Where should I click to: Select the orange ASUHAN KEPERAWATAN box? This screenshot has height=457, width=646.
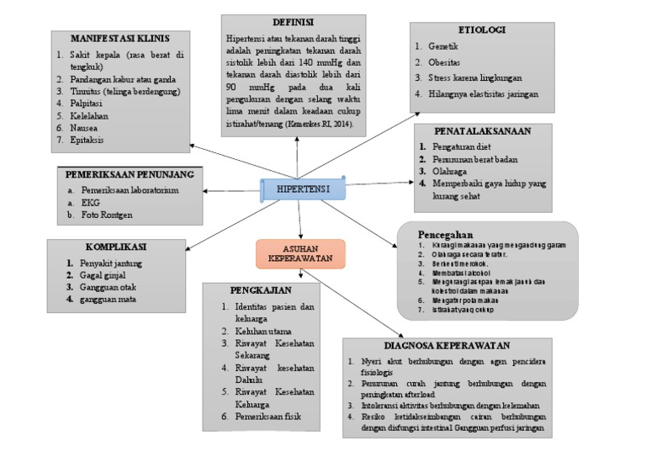coord(299,252)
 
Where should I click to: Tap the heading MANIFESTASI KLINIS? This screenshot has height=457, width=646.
coord(121,39)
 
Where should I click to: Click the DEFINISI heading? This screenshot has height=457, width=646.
coord(294,21)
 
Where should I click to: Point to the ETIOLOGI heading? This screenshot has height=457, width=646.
coord(483,29)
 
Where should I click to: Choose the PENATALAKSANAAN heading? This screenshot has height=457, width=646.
coord(481,130)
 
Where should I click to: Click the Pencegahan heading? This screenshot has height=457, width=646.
coord(446,233)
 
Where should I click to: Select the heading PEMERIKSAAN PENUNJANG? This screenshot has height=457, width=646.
coord(130,174)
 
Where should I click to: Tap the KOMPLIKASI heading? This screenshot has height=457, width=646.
coord(116,247)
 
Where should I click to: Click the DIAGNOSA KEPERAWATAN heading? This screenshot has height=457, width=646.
coord(448,345)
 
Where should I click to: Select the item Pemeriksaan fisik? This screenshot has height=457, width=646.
coord(267,417)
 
